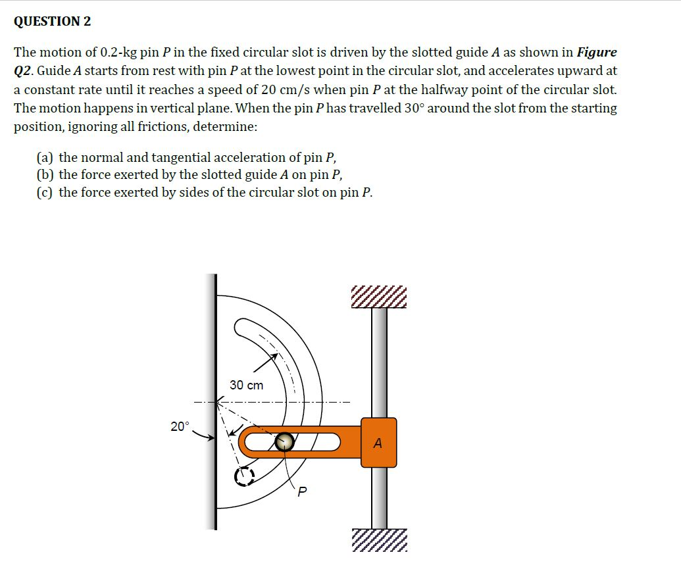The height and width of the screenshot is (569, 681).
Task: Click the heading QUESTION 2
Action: (x=53, y=21)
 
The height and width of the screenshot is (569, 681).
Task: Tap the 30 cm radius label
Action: (x=247, y=385)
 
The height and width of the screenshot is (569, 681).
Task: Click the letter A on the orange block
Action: (x=378, y=443)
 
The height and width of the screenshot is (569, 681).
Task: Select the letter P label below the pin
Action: (x=302, y=491)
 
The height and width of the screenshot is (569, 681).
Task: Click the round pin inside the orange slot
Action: (x=284, y=442)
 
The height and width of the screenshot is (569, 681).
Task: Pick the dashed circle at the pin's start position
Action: (x=244, y=476)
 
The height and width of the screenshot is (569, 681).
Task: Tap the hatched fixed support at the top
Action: (x=379, y=298)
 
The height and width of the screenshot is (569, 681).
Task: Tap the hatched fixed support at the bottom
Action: (x=379, y=540)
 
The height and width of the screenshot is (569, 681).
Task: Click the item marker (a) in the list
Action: (x=45, y=157)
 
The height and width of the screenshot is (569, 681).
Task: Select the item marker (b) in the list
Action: (x=45, y=174)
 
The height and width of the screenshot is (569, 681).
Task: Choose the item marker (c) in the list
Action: (x=45, y=192)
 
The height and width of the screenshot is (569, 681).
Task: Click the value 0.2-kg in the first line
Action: (x=118, y=52)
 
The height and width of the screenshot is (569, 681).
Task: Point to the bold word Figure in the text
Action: (x=597, y=52)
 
